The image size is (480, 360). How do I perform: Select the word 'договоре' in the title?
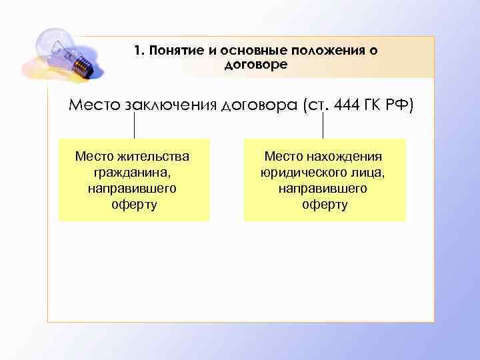pyautogui.click(x=256, y=64)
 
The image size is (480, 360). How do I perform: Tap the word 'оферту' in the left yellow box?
pyautogui.click(x=133, y=205)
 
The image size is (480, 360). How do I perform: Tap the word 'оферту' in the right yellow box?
pyautogui.click(x=324, y=205)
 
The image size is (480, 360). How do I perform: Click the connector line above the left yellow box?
pyautogui.click(x=135, y=126)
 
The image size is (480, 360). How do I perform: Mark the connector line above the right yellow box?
pyautogui.click(x=324, y=126)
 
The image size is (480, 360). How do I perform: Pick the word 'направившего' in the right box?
pyautogui.click(x=324, y=189)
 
